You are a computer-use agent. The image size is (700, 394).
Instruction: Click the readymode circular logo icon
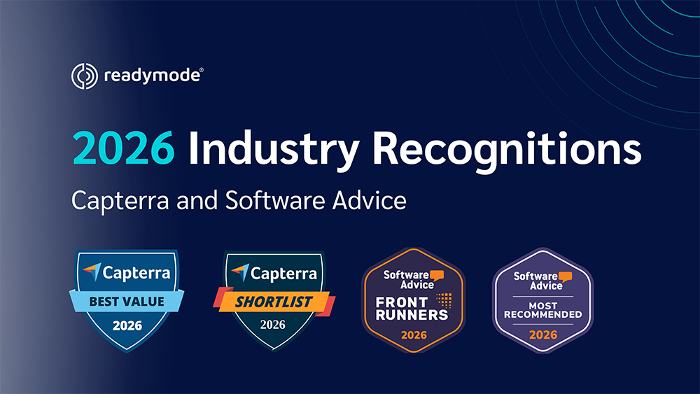click(x=85, y=76)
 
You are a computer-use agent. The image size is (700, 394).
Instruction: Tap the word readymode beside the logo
click(x=152, y=76)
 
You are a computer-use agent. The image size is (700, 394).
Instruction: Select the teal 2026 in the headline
click(x=123, y=148)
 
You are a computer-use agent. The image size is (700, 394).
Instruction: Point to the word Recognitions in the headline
click(x=507, y=150)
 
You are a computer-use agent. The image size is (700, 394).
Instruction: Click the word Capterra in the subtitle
click(x=120, y=201)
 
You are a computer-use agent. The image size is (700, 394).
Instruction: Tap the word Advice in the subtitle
click(x=369, y=199)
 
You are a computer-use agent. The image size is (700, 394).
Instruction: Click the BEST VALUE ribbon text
click(x=127, y=302)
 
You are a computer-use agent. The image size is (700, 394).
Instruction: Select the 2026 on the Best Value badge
click(x=127, y=325)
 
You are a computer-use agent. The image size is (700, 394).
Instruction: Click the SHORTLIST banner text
click(x=274, y=302)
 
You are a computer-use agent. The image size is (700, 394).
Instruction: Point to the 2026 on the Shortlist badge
click(x=273, y=325)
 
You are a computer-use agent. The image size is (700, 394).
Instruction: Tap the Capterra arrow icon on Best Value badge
click(x=92, y=272)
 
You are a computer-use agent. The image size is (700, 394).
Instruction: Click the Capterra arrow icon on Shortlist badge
click(x=240, y=272)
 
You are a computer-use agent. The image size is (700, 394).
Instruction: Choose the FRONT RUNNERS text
click(x=412, y=309)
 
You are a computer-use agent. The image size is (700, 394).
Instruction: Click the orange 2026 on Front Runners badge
click(x=414, y=335)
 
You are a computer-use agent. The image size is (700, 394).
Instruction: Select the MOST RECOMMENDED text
click(x=543, y=310)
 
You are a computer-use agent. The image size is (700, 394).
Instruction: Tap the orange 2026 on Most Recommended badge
click(x=543, y=335)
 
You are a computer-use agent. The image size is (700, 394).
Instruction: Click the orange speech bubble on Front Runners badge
click(x=437, y=276)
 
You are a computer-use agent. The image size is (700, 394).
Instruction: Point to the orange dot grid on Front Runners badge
click(x=444, y=300)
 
